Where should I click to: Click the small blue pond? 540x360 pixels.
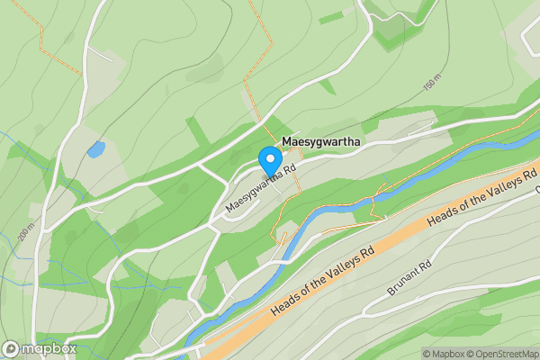[x=95, y=149]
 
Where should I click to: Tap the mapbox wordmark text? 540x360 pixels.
[x=49, y=349]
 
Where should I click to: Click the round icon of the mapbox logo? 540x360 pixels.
[x=12, y=349]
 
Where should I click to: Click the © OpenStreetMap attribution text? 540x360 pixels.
[x=502, y=354]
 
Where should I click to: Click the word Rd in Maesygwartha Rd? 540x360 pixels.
[x=287, y=171]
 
